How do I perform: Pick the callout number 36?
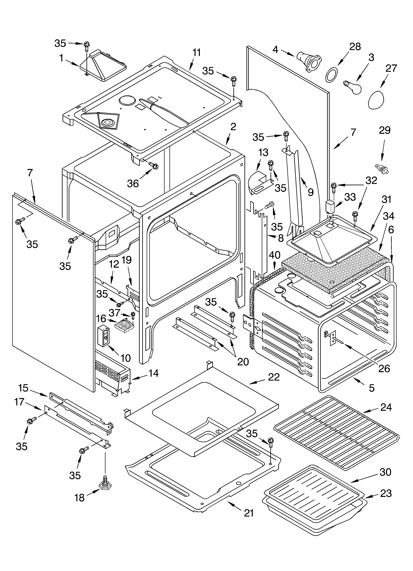coord(133,184)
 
